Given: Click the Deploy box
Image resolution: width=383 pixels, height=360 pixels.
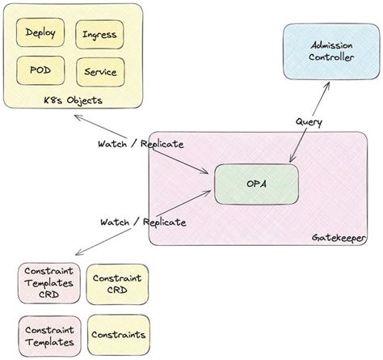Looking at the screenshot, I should pos(40,34).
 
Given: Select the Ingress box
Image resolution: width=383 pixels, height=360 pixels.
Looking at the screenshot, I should pos(99,35).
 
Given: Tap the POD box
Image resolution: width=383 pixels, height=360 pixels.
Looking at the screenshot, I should pos(40,71).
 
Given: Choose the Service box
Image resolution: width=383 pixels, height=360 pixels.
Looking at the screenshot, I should pos(99,72).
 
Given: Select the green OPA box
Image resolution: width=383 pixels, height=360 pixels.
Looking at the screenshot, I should pos(256,184).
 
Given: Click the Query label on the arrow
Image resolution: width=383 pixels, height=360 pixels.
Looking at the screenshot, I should pos(309,122).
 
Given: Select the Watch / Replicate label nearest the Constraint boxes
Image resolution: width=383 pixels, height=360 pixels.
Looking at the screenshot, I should pos(144,221).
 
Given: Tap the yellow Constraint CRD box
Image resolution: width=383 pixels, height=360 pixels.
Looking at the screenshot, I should pos(118,284).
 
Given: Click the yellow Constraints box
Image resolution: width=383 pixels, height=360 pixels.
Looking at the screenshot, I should pos(119,334).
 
